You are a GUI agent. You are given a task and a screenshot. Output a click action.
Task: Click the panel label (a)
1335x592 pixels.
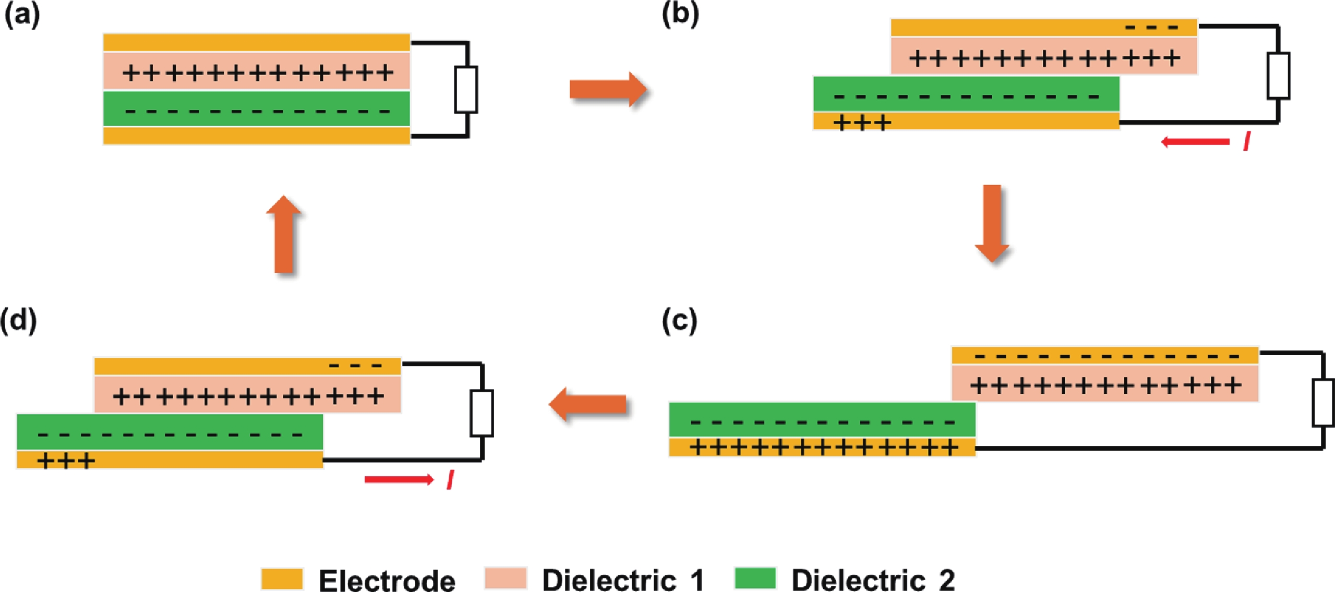click(x=21, y=16)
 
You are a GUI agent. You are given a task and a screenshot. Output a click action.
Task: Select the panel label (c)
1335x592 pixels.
click(x=679, y=321)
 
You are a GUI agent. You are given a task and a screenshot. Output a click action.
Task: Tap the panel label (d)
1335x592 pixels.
click(x=19, y=321)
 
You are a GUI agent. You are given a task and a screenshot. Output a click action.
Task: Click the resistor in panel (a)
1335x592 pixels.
click(x=466, y=89)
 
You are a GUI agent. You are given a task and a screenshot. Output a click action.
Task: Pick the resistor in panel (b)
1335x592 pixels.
click(x=1279, y=76)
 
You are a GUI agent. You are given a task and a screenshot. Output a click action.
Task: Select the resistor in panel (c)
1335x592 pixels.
click(x=1323, y=403)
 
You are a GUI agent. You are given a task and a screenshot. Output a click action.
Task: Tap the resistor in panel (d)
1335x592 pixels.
click(x=482, y=413)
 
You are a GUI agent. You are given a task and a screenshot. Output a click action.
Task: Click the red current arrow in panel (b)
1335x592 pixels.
click(x=1195, y=141)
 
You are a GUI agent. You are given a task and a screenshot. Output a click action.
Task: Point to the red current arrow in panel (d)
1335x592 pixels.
click(x=399, y=479)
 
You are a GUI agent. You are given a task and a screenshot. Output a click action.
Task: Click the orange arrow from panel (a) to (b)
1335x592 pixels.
click(x=608, y=89)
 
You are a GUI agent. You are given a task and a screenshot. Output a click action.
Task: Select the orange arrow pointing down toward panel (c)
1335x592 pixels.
click(x=992, y=223)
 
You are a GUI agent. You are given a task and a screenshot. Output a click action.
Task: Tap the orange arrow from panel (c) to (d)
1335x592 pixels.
click(x=588, y=404)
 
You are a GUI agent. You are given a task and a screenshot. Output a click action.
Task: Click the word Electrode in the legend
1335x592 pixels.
click(x=387, y=580)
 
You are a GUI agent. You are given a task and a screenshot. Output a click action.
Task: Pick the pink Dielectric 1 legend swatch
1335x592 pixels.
click(x=506, y=578)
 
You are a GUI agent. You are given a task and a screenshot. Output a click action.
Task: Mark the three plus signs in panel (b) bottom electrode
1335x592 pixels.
click(x=862, y=123)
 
